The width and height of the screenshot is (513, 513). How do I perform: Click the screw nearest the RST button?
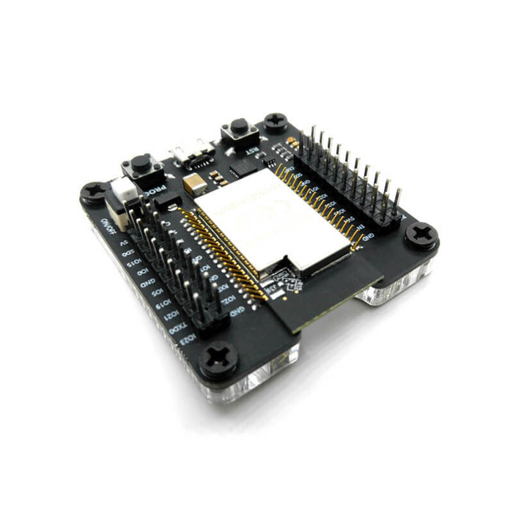(x=276, y=120)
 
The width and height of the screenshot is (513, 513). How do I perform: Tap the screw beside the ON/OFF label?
(x=94, y=193)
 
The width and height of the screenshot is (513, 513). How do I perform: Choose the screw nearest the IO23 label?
(x=218, y=358)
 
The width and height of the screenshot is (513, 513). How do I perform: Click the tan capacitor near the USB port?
(x=194, y=183)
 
